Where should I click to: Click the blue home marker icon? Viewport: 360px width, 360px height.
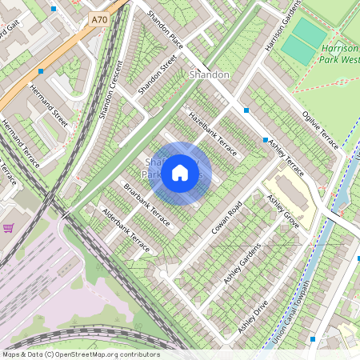click(180, 173)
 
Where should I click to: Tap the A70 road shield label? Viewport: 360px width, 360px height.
click(98, 18)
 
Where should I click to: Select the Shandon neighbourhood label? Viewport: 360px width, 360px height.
click(210, 74)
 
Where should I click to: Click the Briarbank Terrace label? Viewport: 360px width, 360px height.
click(146, 204)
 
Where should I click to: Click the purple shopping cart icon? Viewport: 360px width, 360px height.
click(8, 229)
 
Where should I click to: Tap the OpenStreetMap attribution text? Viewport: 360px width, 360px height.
click(81, 354)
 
